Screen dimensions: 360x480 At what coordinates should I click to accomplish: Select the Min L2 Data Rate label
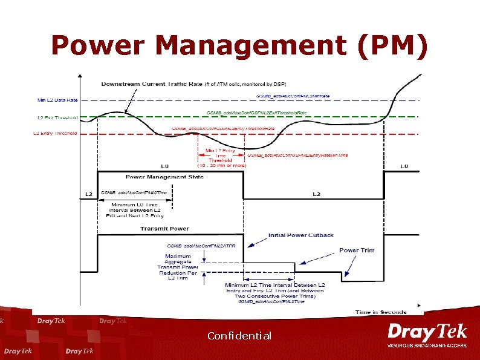pyautogui.click(x=57, y=100)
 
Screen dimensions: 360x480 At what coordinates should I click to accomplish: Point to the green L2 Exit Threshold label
pyautogui.click(x=57, y=117)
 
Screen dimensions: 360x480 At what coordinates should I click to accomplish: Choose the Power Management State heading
pyautogui.click(x=164, y=177)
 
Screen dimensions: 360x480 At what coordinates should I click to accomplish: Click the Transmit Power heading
pyautogui.click(x=164, y=229)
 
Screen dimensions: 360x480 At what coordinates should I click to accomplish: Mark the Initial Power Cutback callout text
pyautogui.click(x=301, y=235)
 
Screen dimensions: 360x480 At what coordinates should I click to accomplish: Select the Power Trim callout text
pyautogui.click(x=357, y=250)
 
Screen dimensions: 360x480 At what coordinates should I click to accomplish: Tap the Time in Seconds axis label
pyautogui.click(x=381, y=312)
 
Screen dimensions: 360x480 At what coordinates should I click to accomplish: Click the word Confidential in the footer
pyautogui.click(x=239, y=336)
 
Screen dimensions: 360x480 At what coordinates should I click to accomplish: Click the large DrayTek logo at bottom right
pyautogui.click(x=427, y=333)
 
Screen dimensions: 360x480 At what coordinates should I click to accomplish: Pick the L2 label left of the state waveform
pyautogui.click(x=89, y=194)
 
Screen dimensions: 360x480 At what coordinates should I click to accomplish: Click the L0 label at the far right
pyautogui.click(x=404, y=166)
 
